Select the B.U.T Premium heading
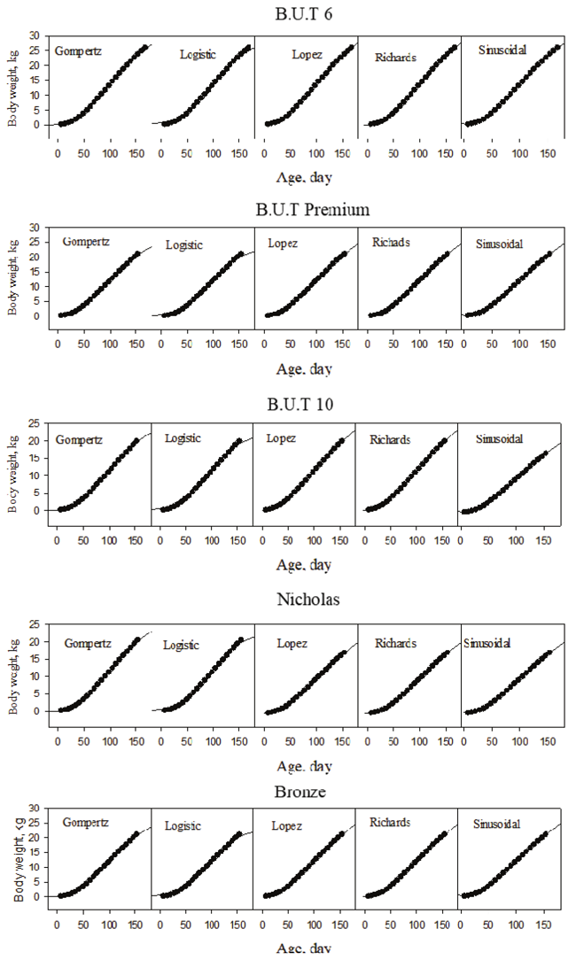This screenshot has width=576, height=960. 304,210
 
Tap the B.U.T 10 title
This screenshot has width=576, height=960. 304,406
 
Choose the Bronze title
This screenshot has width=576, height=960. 304,791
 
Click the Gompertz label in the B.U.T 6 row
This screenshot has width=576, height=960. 78,50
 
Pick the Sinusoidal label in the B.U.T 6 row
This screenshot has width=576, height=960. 502,50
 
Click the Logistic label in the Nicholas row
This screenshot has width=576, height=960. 187,646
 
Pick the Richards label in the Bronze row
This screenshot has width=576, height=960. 390,823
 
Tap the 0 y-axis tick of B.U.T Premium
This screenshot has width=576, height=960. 38,315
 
